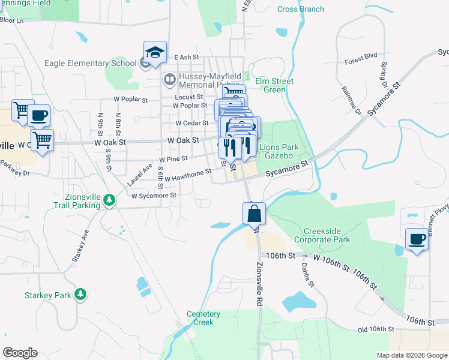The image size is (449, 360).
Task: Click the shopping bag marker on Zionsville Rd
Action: pos(254,213)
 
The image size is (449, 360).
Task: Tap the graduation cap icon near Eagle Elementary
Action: pos(155,52)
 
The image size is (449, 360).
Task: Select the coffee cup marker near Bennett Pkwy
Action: pos(417,239)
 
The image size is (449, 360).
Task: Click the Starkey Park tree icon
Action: pos(79,295)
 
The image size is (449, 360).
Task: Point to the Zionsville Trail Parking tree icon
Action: pos(109,199)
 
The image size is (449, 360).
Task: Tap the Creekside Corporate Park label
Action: pos(326,235)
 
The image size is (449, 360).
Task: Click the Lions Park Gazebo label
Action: pos(283,151)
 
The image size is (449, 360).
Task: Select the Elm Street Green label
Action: pos(274,85)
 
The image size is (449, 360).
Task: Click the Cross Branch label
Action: pos(301,9)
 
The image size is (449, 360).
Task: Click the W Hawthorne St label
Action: pos(188,175)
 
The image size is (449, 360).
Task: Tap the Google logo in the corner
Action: pos(20,353)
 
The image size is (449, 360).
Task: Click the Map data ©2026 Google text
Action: pos(411,355)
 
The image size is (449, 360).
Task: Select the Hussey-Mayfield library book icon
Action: pos(170,79)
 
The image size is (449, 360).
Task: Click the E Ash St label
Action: pos(187,58)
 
